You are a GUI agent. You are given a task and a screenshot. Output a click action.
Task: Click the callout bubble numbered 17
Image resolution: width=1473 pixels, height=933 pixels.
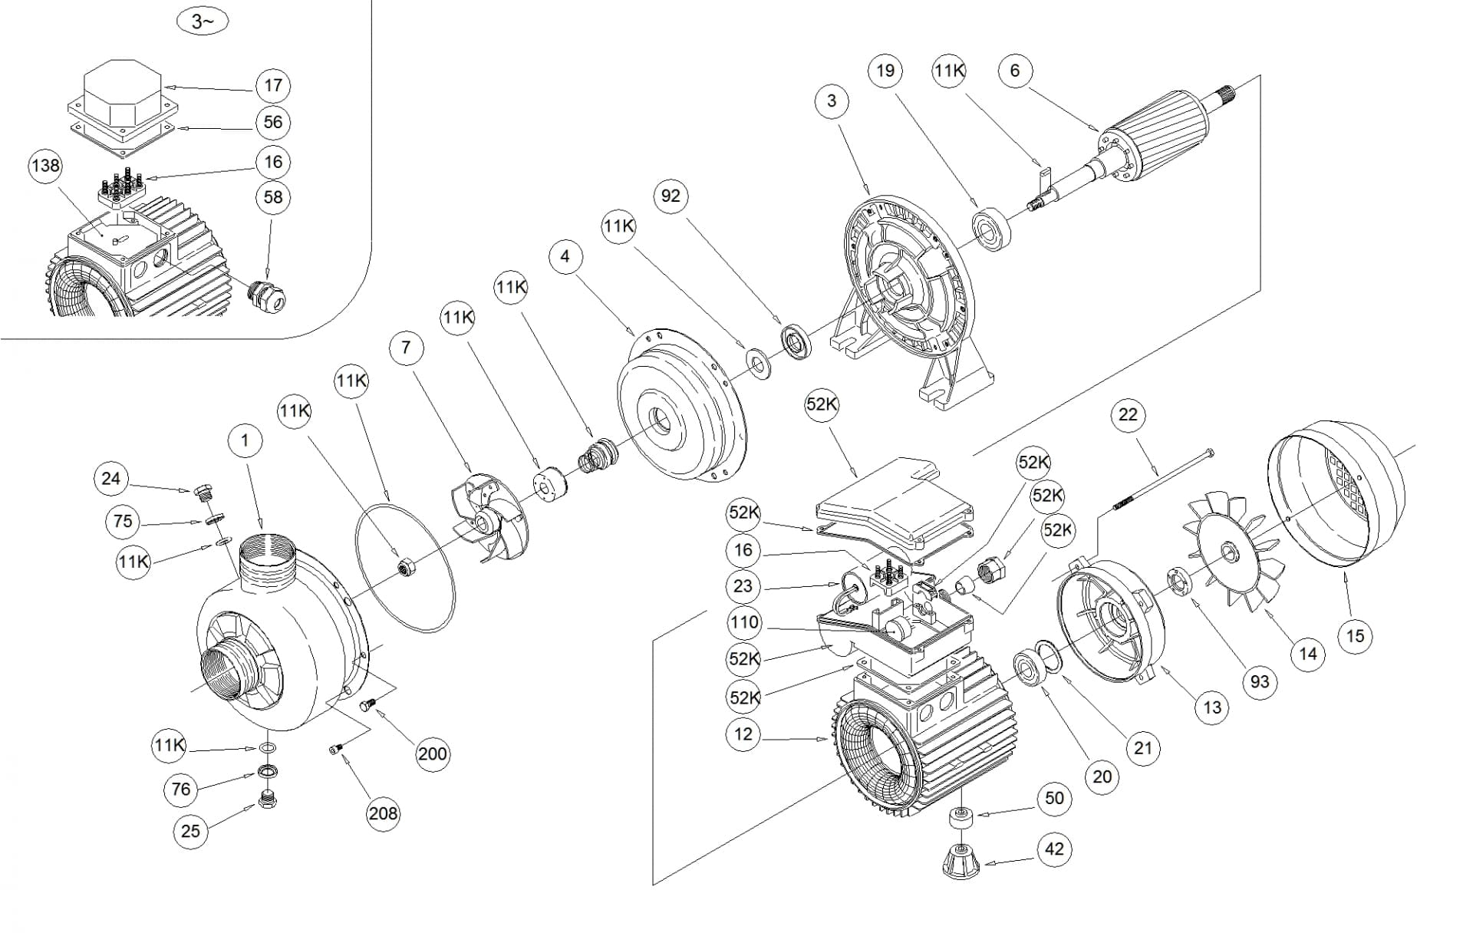click(273, 85)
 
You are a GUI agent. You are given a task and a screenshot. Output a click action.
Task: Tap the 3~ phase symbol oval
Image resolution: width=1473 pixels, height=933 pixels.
click(202, 21)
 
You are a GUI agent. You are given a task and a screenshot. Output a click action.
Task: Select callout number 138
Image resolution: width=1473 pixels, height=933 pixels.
click(45, 166)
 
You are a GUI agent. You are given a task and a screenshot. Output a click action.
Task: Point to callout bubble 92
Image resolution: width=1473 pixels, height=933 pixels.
click(671, 196)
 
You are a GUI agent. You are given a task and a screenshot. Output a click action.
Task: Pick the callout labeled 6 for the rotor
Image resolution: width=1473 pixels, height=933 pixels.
click(1015, 71)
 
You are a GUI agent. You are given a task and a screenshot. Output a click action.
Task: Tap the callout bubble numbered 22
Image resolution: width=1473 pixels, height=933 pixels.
click(1128, 415)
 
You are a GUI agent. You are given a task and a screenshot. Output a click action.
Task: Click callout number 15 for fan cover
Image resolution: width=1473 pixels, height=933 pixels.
click(1355, 636)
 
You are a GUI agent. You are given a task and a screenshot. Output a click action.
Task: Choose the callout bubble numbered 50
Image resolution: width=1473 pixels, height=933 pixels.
click(1055, 799)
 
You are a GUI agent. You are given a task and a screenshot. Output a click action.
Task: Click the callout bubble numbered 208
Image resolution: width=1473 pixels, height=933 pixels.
click(383, 813)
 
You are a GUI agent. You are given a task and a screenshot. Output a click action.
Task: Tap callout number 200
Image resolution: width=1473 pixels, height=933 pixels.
click(432, 754)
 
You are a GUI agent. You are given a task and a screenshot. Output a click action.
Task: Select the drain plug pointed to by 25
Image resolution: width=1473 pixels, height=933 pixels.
click(268, 799)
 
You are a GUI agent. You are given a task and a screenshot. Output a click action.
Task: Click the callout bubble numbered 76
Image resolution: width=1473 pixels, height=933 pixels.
click(181, 789)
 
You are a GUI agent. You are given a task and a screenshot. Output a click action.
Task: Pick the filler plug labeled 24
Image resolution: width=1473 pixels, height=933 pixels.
click(203, 492)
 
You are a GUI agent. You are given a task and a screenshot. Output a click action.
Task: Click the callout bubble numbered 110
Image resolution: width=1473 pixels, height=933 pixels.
click(743, 622)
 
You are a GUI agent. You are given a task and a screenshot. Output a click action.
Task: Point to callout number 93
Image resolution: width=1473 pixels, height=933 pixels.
click(1260, 681)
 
